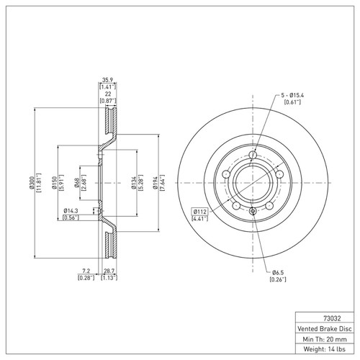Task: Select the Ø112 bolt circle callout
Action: [x=199, y=212]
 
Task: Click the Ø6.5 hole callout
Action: [x=279, y=272]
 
